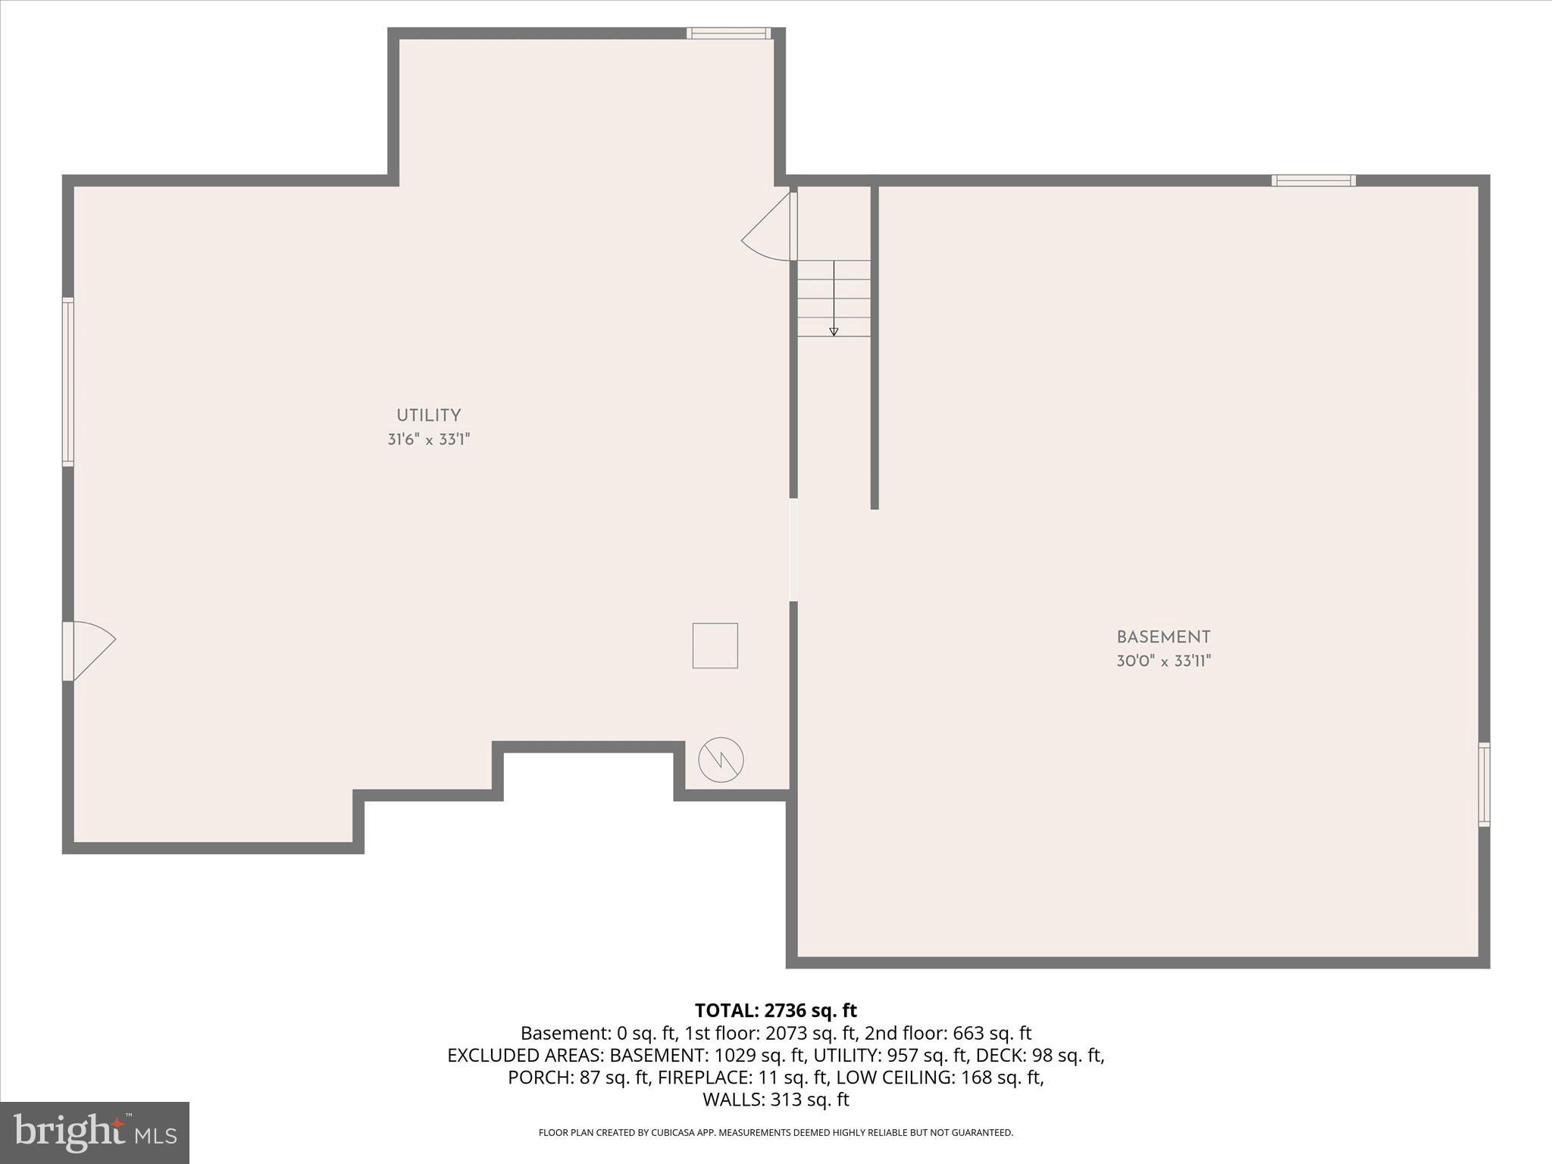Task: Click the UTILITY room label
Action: tap(428, 415)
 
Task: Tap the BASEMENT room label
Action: tap(1163, 637)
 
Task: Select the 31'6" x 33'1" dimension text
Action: tap(429, 440)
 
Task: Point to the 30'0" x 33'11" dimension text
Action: tap(1163, 661)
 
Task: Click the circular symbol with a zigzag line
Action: tap(721, 759)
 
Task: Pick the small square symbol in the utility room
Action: tap(715, 646)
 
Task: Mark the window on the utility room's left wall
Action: tap(68, 381)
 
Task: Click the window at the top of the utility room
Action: tap(728, 33)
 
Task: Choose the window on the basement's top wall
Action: tap(1313, 180)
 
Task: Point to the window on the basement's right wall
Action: tap(1484, 784)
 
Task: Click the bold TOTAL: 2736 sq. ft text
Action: tap(775, 1010)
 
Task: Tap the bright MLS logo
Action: tap(95, 1132)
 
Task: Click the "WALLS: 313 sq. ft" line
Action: tap(775, 1099)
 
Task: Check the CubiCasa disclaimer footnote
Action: tap(775, 1133)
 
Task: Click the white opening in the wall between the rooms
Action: tap(793, 549)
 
